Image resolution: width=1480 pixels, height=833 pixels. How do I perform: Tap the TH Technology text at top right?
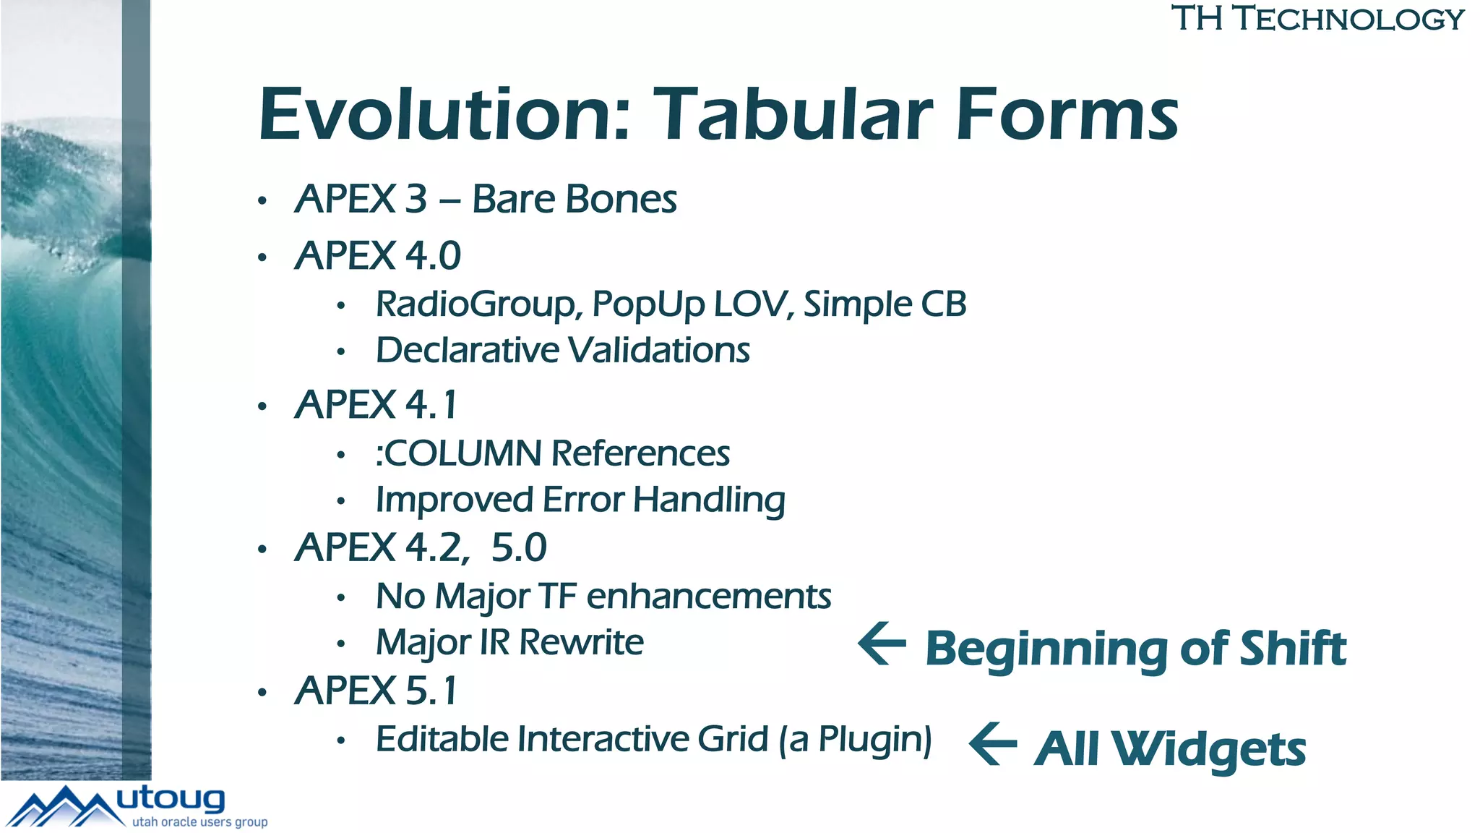click(x=1317, y=19)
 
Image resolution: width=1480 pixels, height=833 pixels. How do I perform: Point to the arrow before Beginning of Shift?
click(x=882, y=643)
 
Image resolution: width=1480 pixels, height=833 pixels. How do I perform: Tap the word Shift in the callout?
click(x=1293, y=648)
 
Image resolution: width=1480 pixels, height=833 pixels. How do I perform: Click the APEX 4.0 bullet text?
click(x=378, y=256)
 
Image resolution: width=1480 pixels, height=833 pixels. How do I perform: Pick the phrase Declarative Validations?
click(x=563, y=351)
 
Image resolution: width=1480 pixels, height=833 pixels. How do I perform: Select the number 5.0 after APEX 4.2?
click(x=519, y=547)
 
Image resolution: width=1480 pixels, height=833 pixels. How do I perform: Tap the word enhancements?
click(x=709, y=597)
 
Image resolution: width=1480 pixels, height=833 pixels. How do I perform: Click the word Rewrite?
click(x=581, y=643)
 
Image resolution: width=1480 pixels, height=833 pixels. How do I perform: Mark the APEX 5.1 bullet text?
click(x=377, y=691)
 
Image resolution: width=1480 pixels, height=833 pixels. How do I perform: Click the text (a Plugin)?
click(x=856, y=740)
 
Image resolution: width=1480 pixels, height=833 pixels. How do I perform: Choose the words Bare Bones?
click(x=575, y=200)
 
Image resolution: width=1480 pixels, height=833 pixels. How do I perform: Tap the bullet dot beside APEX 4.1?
click(x=262, y=406)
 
